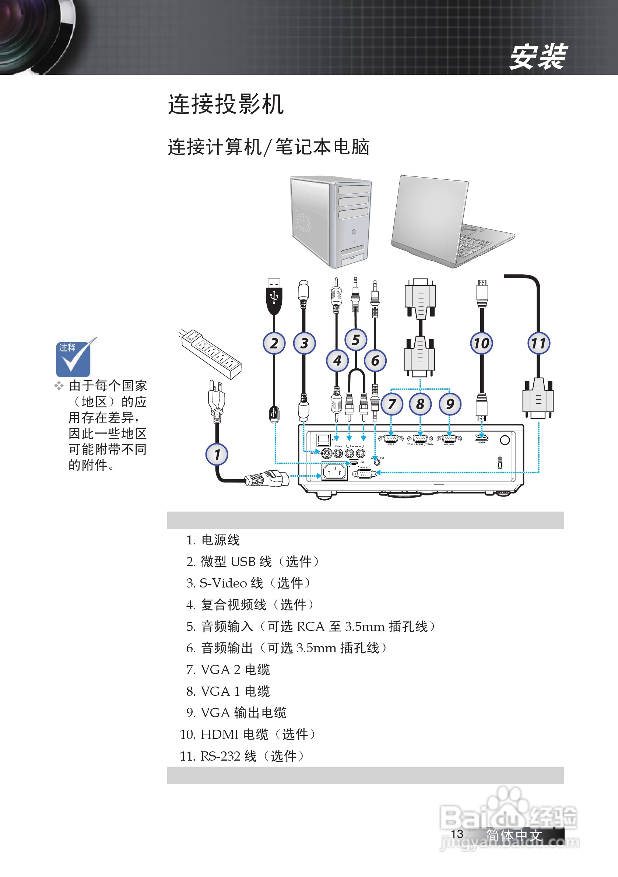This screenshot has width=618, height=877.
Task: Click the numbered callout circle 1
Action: [217, 455]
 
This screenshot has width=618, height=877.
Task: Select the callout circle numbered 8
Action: [420, 404]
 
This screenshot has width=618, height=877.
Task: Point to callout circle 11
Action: [538, 343]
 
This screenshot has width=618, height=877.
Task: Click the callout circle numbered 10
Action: [481, 343]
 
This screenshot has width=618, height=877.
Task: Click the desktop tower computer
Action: [331, 221]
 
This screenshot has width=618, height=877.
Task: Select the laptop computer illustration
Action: [451, 221]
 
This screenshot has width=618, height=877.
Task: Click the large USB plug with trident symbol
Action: [274, 297]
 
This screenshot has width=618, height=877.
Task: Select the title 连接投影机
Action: [226, 104]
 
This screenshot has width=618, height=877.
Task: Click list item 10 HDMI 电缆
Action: [247, 734]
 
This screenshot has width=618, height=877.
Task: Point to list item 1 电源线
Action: [213, 540]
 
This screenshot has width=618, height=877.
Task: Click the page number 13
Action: [457, 834]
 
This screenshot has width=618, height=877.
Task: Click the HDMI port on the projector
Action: [481, 437]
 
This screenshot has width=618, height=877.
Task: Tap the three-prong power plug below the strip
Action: [216, 401]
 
